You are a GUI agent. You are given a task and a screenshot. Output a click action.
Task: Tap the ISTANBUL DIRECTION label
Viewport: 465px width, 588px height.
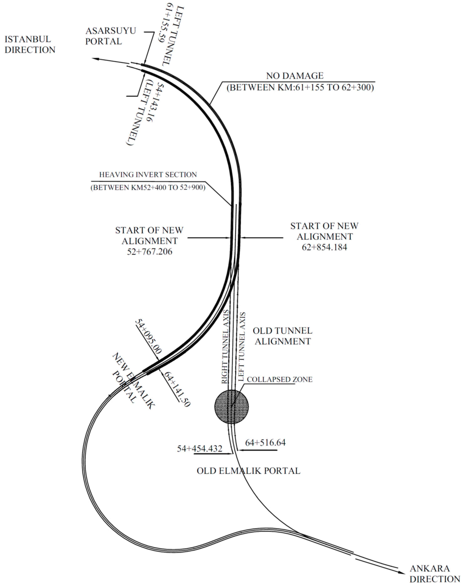tap(30, 44)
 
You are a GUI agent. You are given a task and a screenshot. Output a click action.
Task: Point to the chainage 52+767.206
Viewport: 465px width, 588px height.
tap(150, 251)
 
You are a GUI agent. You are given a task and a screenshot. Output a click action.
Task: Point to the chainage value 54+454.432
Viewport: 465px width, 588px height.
tap(200, 448)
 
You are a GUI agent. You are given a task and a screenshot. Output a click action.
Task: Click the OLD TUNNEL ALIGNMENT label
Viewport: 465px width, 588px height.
tap(283, 336)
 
